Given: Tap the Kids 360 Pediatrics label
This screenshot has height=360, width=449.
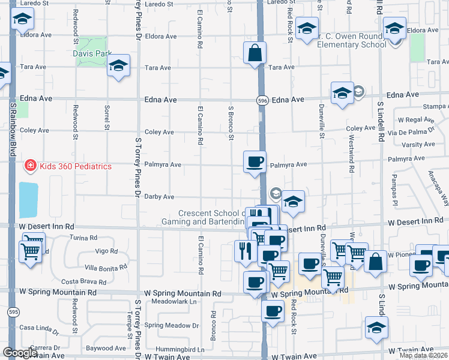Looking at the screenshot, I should (x=76, y=166).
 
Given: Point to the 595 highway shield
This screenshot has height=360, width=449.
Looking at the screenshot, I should (x=13, y=311).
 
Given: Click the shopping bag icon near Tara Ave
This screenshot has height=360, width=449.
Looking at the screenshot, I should (x=255, y=53).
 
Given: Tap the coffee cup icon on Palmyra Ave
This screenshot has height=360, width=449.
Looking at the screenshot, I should (x=255, y=162).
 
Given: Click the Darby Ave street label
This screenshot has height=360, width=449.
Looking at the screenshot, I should (x=159, y=197).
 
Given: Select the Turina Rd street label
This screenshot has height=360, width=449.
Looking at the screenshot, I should (x=83, y=238).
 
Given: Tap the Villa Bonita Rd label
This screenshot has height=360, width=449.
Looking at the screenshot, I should (x=106, y=267).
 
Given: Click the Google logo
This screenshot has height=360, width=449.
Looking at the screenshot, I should (x=19, y=353).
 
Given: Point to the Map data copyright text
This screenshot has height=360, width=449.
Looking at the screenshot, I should (x=423, y=355).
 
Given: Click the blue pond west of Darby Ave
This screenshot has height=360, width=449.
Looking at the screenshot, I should (x=29, y=200).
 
